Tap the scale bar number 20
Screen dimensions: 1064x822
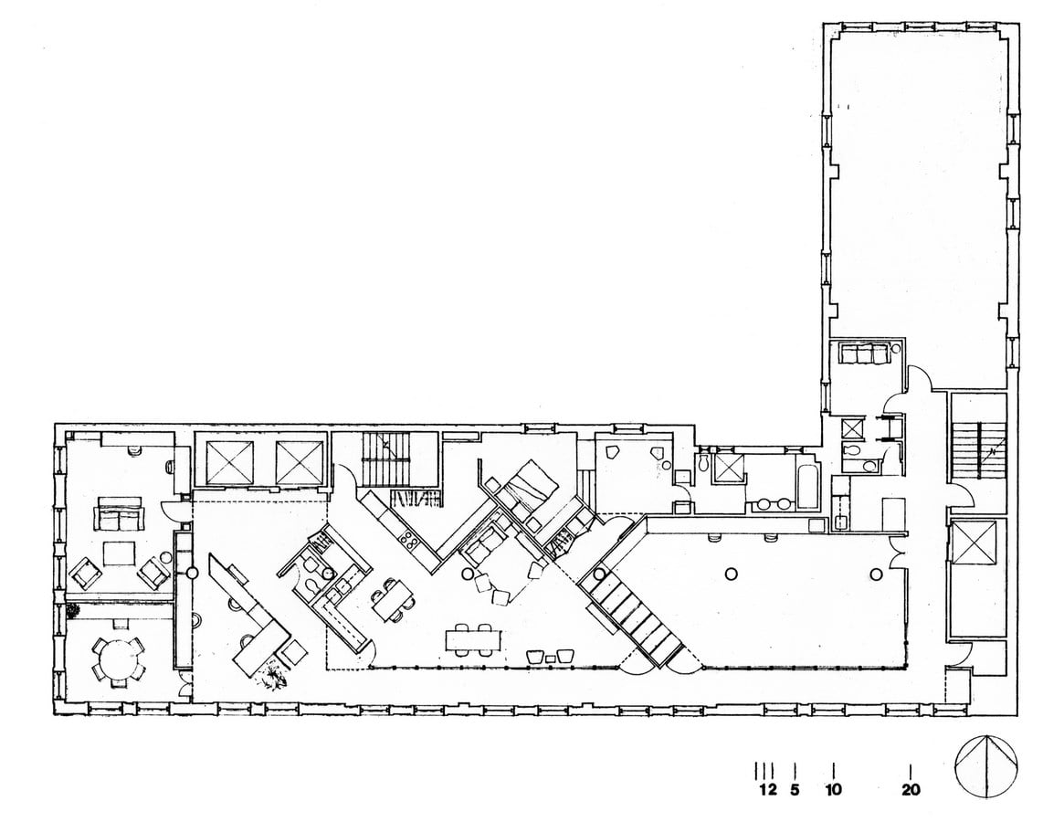(x=911, y=789)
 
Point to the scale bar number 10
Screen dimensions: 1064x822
(x=833, y=789)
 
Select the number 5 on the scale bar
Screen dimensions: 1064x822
(x=795, y=789)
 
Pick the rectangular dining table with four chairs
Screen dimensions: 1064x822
(x=474, y=639)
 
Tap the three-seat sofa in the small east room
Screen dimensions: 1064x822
(x=864, y=353)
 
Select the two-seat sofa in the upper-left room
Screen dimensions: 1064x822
(x=120, y=514)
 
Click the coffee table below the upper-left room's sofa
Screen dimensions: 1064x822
(x=118, y=553)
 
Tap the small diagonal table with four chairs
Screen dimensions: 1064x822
(x=393, y=598)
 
